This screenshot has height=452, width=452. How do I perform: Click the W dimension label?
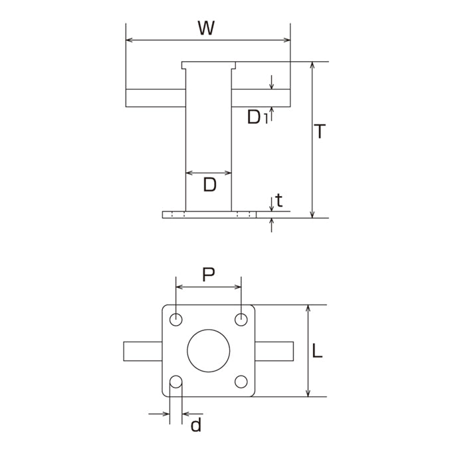click(207, 28)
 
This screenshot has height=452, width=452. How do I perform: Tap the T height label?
click(320, 131)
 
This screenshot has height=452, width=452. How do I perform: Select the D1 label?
click(258, 118)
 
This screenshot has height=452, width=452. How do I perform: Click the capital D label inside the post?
click(209, 185)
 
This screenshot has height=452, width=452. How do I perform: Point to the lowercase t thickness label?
click(279, 200)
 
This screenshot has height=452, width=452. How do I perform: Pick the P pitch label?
click(208, 275)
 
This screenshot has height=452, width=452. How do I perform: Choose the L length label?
click(317, 351)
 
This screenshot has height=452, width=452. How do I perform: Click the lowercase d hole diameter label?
click(196, 425)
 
